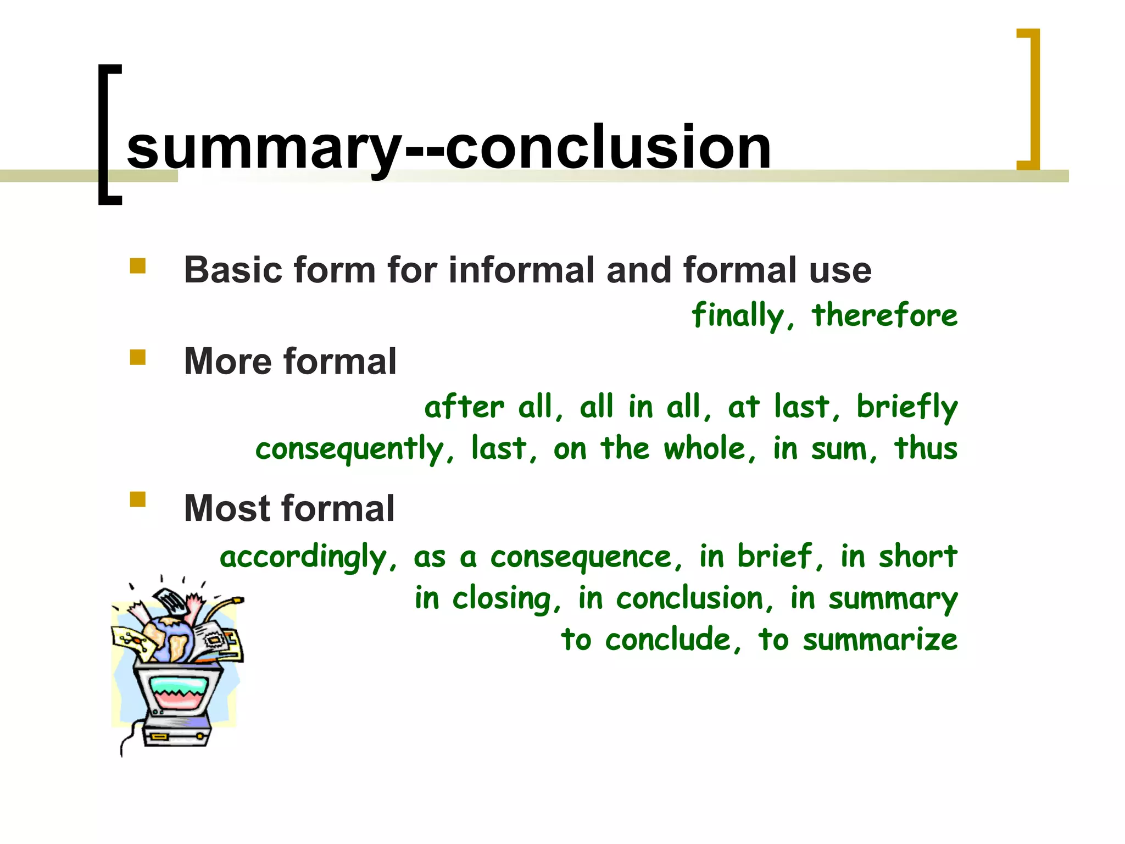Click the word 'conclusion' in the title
coord(608,147)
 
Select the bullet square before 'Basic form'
coord(137,266)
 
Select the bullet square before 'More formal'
coord(137,358)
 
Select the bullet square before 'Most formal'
coord(137,499)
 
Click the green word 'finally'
coord(738,316)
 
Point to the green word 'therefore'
coord(884,315)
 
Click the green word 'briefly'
coord(907,407)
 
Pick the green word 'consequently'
coord(349,449)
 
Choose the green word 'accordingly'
coord(303,557)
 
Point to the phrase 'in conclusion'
coord(670,598)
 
